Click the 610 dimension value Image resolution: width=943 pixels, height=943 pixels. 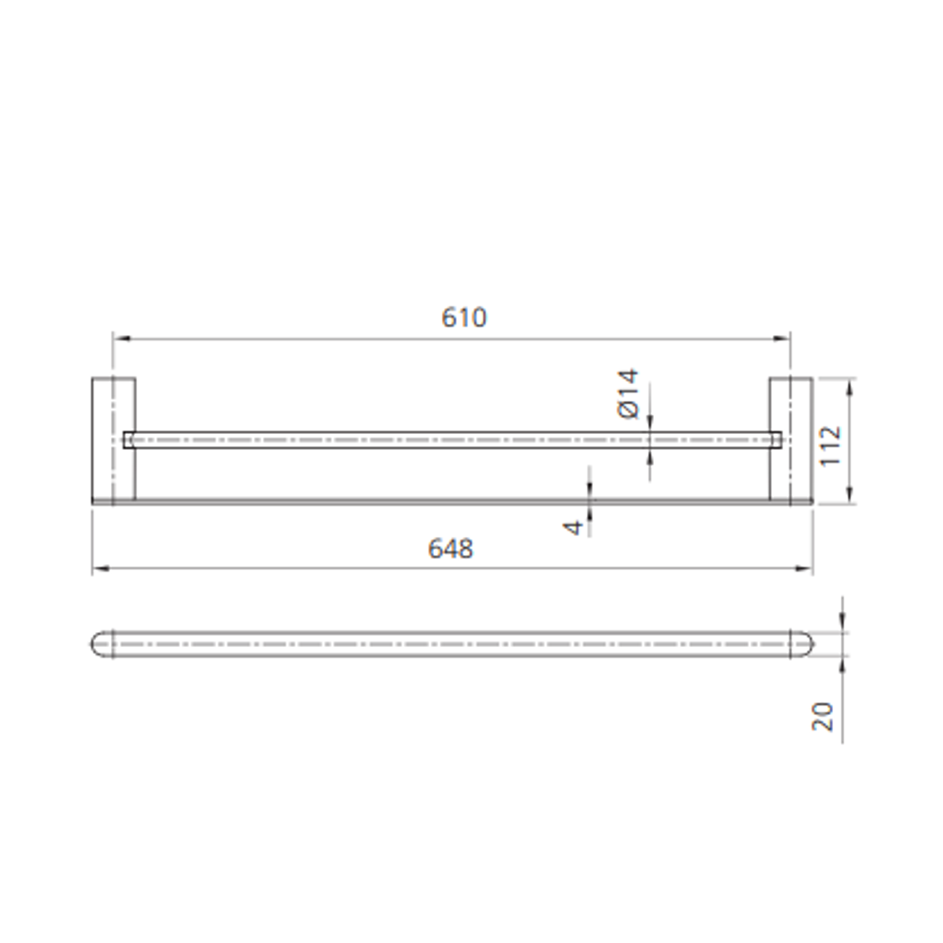pyautogui.click(x=464, y=318)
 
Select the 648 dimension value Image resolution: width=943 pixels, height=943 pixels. pyautogui.click(x=451, y=548)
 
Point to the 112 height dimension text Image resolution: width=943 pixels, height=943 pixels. pyautogui.click(x=830, y=444)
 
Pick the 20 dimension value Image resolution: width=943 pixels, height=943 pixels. pyautogui.click(x=823, y=716)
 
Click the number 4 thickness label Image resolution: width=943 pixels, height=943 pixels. pyautogui.click(x=574, y=527)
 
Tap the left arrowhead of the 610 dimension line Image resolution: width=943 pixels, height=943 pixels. pyautogui.click(x=120, y=339)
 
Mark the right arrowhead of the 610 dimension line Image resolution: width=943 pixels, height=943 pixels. pyautogui.click(x=783, y=339)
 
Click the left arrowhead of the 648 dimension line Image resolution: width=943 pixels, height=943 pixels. pyautogui.click(x=99, y=568)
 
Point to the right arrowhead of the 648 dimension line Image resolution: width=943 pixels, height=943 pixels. pyautogui.click(x=806, y=568)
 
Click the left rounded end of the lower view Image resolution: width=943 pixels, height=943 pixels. pyautogui.click(x=101, y=644)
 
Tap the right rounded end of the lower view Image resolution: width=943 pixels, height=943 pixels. pyautogui.click(x=802, y=644)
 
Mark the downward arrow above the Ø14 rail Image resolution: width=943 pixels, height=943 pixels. pyautogui.click(x=650, y=424)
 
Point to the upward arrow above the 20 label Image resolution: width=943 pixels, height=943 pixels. pyautogui.click(x=843, y=664)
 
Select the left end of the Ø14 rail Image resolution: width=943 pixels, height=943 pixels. pyautogui.click(x=128, y=439)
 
